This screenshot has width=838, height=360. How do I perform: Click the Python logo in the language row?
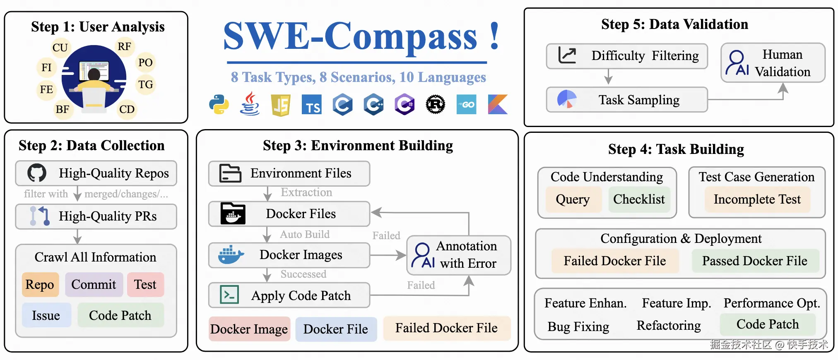[219, 104]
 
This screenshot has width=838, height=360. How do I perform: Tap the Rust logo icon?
[436, 104]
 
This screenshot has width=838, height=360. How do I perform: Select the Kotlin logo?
[498, 104]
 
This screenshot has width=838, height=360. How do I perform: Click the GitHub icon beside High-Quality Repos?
[37, 173]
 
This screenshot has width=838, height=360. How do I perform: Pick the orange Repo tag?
[40, 284]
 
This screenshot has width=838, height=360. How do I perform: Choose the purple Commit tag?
[94, 284]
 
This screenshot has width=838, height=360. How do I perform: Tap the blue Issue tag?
[46, 315]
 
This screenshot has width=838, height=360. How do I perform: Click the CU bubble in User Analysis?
[60, 48]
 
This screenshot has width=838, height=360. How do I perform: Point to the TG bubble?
[145, 85]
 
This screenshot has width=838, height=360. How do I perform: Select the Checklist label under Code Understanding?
[638, 199]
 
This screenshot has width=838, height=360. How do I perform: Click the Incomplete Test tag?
[757, 199]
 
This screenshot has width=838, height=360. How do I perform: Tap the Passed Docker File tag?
[754, 261]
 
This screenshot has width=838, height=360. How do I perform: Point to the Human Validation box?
[773, 63]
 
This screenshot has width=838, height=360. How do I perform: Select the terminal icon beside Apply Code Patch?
[229, 295]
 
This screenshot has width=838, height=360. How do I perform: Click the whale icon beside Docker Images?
[231, 254]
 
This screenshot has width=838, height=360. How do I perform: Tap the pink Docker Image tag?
[249, 329]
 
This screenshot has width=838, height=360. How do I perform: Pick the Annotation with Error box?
[458, 255]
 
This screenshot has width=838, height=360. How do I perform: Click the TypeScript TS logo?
[312, 104]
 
